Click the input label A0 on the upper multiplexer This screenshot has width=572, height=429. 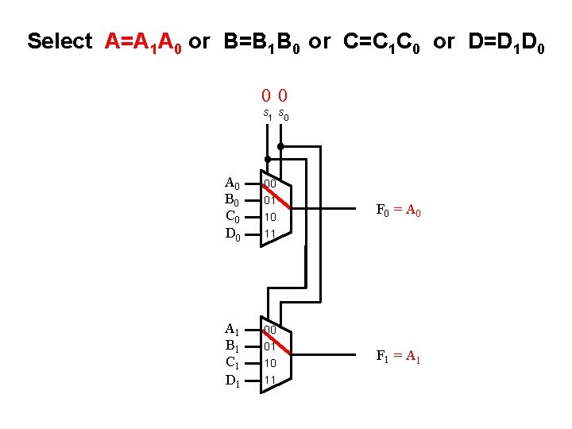click(x=233, y=184)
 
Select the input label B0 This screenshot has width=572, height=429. click(x=233, y=200)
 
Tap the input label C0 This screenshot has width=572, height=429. click(x=233, y=217)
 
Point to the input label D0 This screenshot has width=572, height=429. click(x=233, y=234)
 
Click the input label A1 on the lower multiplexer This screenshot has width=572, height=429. click(x=233, y=330)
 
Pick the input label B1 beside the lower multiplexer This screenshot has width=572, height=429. click(x=233, y=346)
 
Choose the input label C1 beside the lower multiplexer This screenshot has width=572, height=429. click(x=233, y=363)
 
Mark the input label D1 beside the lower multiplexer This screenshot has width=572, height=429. click(x=233, y=381)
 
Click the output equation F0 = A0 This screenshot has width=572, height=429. click(x=398, y=211)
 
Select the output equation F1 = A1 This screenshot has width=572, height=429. click(x=398, y=357)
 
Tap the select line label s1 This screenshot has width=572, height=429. click(x=269, y=115)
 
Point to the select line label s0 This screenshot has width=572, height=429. click(x=284, y=116)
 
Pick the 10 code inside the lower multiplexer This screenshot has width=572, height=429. click(x=270, y=363)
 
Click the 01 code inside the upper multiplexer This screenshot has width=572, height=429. click(x=270, y=200)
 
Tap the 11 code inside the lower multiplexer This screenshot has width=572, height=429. click(x=270, y=381)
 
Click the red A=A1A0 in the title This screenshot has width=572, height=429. click(x=145, y=42)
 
